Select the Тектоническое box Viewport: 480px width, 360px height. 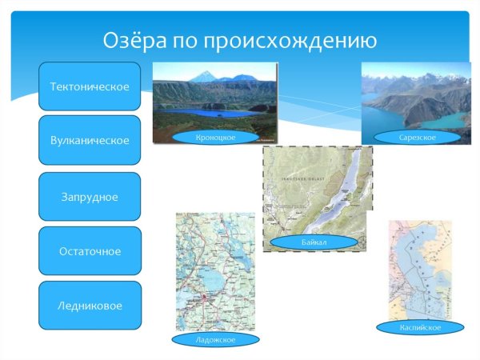pyautogui.click(x=90, y=86)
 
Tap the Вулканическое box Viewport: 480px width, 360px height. pyautogui.click(x=90, y=140)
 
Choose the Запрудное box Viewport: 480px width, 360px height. pyautogui.click(x=90, y=196)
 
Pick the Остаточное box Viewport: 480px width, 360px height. pyautogui.click(x=90, y=251)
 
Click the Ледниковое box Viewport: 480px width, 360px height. pyautogui.click(x=90, y=305)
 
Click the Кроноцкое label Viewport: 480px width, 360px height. pyautogui.click(x=215, y=138)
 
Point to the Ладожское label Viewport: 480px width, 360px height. pyautogui.click(x=215, y=340)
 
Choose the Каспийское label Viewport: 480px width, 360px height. pyautogui.click(x=420, y=327)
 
